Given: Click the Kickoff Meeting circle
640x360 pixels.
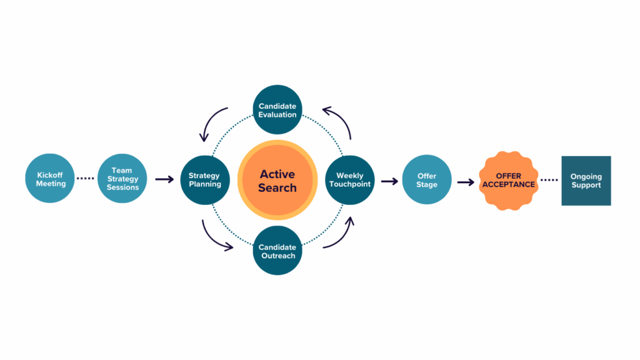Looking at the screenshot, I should (51, 179).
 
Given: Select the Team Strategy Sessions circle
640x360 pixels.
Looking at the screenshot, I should (122, 179).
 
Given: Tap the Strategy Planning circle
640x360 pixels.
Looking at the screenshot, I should (204, 180).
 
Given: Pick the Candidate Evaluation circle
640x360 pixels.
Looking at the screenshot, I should (277, 110).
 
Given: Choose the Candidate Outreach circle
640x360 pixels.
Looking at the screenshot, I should (277, 251).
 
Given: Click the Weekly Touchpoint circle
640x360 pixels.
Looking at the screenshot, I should (350, 180).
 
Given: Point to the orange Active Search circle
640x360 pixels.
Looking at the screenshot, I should (277, 180).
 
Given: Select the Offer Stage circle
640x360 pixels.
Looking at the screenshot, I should (427, 180).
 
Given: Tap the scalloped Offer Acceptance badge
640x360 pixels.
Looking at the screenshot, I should (508, 181).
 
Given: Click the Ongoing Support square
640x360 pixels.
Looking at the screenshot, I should (586, 181).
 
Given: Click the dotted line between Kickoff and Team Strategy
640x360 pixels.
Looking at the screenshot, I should (85, 179).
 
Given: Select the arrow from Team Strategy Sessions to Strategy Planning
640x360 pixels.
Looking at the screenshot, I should (164, 179).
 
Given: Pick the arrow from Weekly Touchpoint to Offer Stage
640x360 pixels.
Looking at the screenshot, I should (389, 181).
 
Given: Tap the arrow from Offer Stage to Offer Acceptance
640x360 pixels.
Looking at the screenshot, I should (465, 182).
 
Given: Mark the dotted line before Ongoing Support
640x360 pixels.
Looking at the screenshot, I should (549, 181).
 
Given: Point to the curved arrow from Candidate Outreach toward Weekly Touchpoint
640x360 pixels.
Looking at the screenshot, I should (342, 236).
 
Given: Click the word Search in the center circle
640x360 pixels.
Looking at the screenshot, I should (277, 187).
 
